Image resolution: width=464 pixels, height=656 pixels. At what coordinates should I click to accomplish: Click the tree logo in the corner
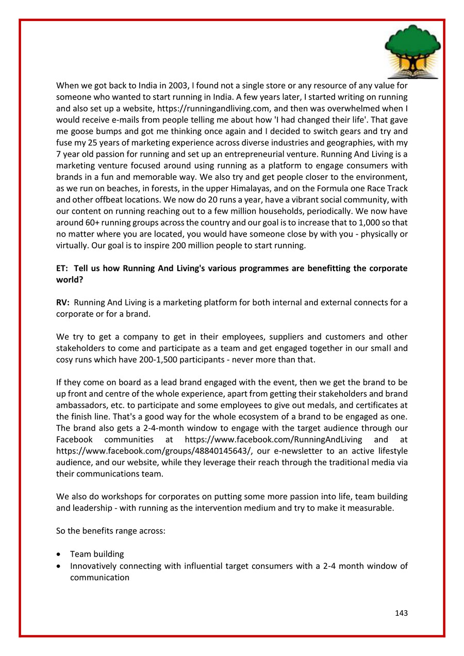click(412, 51)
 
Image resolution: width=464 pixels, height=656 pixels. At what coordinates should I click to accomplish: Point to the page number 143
click(402, 613)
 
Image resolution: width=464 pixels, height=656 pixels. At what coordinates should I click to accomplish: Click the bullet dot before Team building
click(61, 554)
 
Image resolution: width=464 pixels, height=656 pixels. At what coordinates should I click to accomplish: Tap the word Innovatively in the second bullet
click(95, 566)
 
